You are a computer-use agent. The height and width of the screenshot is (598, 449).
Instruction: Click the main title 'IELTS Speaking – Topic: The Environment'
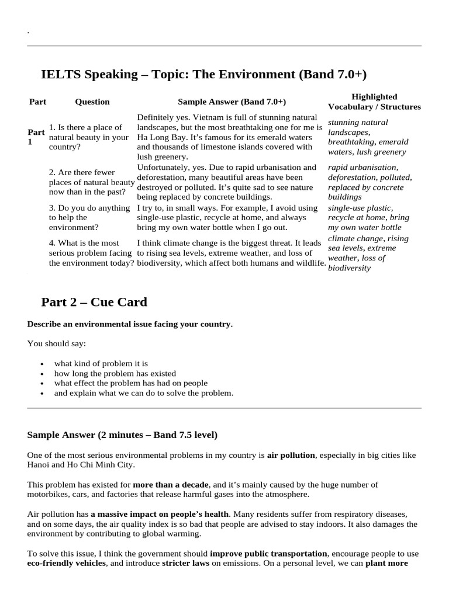coord(203,75)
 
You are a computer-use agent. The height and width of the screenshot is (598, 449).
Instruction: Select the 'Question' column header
coord(92,102)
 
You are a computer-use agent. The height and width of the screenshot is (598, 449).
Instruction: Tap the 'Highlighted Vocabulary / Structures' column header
coord(374,102)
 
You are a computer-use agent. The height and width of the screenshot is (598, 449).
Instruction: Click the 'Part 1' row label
coord(36,137)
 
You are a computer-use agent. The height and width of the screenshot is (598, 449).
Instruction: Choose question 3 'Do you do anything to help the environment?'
coord(89,217)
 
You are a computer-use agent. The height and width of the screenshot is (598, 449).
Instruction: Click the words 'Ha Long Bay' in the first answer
coord(160,137)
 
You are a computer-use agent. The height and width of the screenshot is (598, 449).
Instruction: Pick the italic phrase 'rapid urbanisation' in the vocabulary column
coord(362,168)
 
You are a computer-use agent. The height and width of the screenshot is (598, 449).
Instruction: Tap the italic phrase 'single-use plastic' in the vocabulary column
coord(360,208)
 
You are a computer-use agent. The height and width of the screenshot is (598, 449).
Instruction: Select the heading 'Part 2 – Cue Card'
coord(94,302)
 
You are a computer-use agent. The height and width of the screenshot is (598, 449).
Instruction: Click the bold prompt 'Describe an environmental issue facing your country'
coord(130,324)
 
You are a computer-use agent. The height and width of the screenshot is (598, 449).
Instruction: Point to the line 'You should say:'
coord(57,343)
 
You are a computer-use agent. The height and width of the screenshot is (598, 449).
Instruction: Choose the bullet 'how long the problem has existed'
coord(115,373)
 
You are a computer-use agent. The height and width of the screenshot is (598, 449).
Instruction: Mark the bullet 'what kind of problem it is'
coord(101,363)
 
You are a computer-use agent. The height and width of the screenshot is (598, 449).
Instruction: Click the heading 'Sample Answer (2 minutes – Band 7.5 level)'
coord(122,435)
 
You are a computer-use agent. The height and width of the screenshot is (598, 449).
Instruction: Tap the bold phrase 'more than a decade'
coord(170,485)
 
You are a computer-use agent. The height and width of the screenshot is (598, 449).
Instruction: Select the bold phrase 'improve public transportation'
coord(268,554)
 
